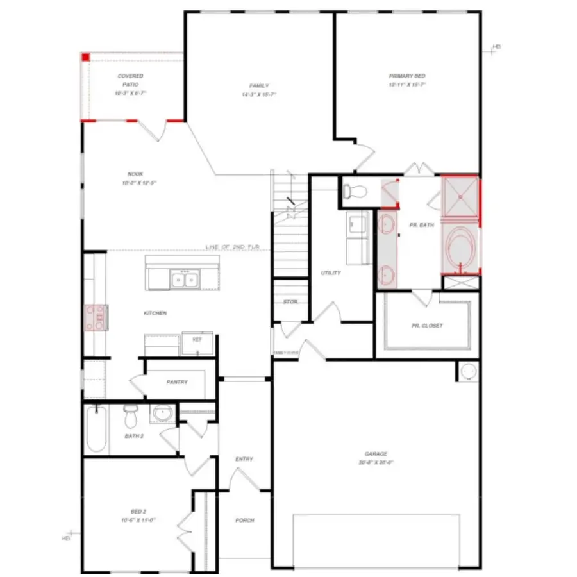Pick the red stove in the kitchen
coord(96,317)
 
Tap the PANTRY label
coord(177,383)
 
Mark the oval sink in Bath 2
coord(162,415)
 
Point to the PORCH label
coord(244,521)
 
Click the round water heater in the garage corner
coord(469,371)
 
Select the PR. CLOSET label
coord(427,326)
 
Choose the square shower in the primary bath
coord(460,196)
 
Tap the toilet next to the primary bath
coord(355,190)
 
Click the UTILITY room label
coord(331,273)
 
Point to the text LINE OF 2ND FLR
coord(233,247)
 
